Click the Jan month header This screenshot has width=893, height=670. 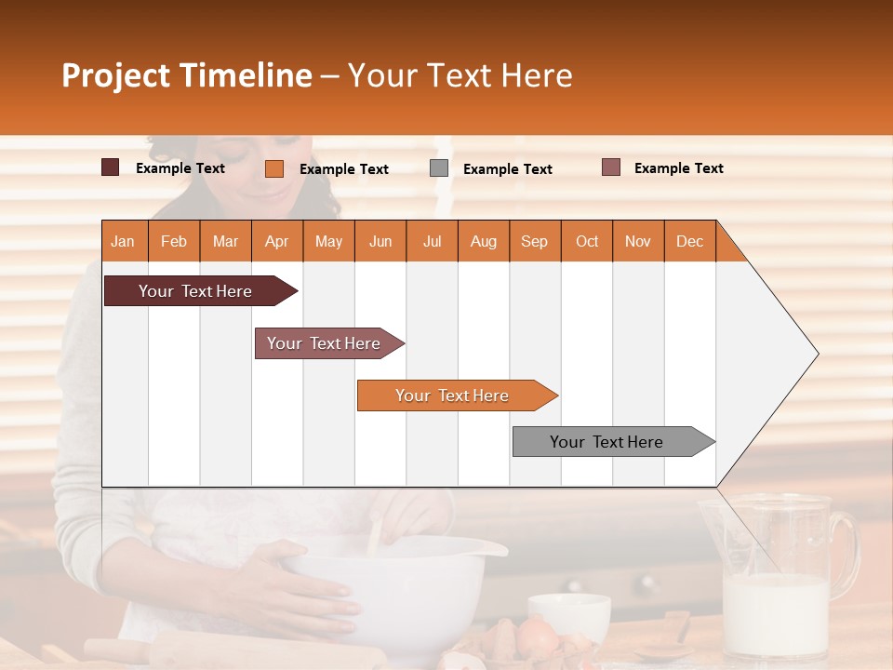(x=124, y=241)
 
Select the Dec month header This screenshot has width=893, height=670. (x=689, y=241)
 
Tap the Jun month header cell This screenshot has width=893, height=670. (x=380, y=241)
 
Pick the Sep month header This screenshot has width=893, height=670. (x=534, y=241)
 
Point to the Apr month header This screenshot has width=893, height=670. (x=276, y=241)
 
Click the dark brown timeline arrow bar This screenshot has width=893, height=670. (x=195, y=291)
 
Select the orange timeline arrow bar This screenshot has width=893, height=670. (x=452, y=395)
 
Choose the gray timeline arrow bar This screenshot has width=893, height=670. (x=606, y=442)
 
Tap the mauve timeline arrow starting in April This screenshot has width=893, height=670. (x=324, y=343)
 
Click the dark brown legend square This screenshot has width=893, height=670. (x=110, y=167)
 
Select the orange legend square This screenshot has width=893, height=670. (x=273, y=168)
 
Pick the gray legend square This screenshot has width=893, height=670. (x=439, y=167)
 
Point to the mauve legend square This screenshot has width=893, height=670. (x=610, y=167)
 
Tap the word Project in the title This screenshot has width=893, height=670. (x=116, y=75)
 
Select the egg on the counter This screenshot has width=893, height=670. (x=537, y=636)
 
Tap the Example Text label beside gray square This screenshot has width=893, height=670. (x=507, y=168)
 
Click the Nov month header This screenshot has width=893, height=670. (x=638, y=241)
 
